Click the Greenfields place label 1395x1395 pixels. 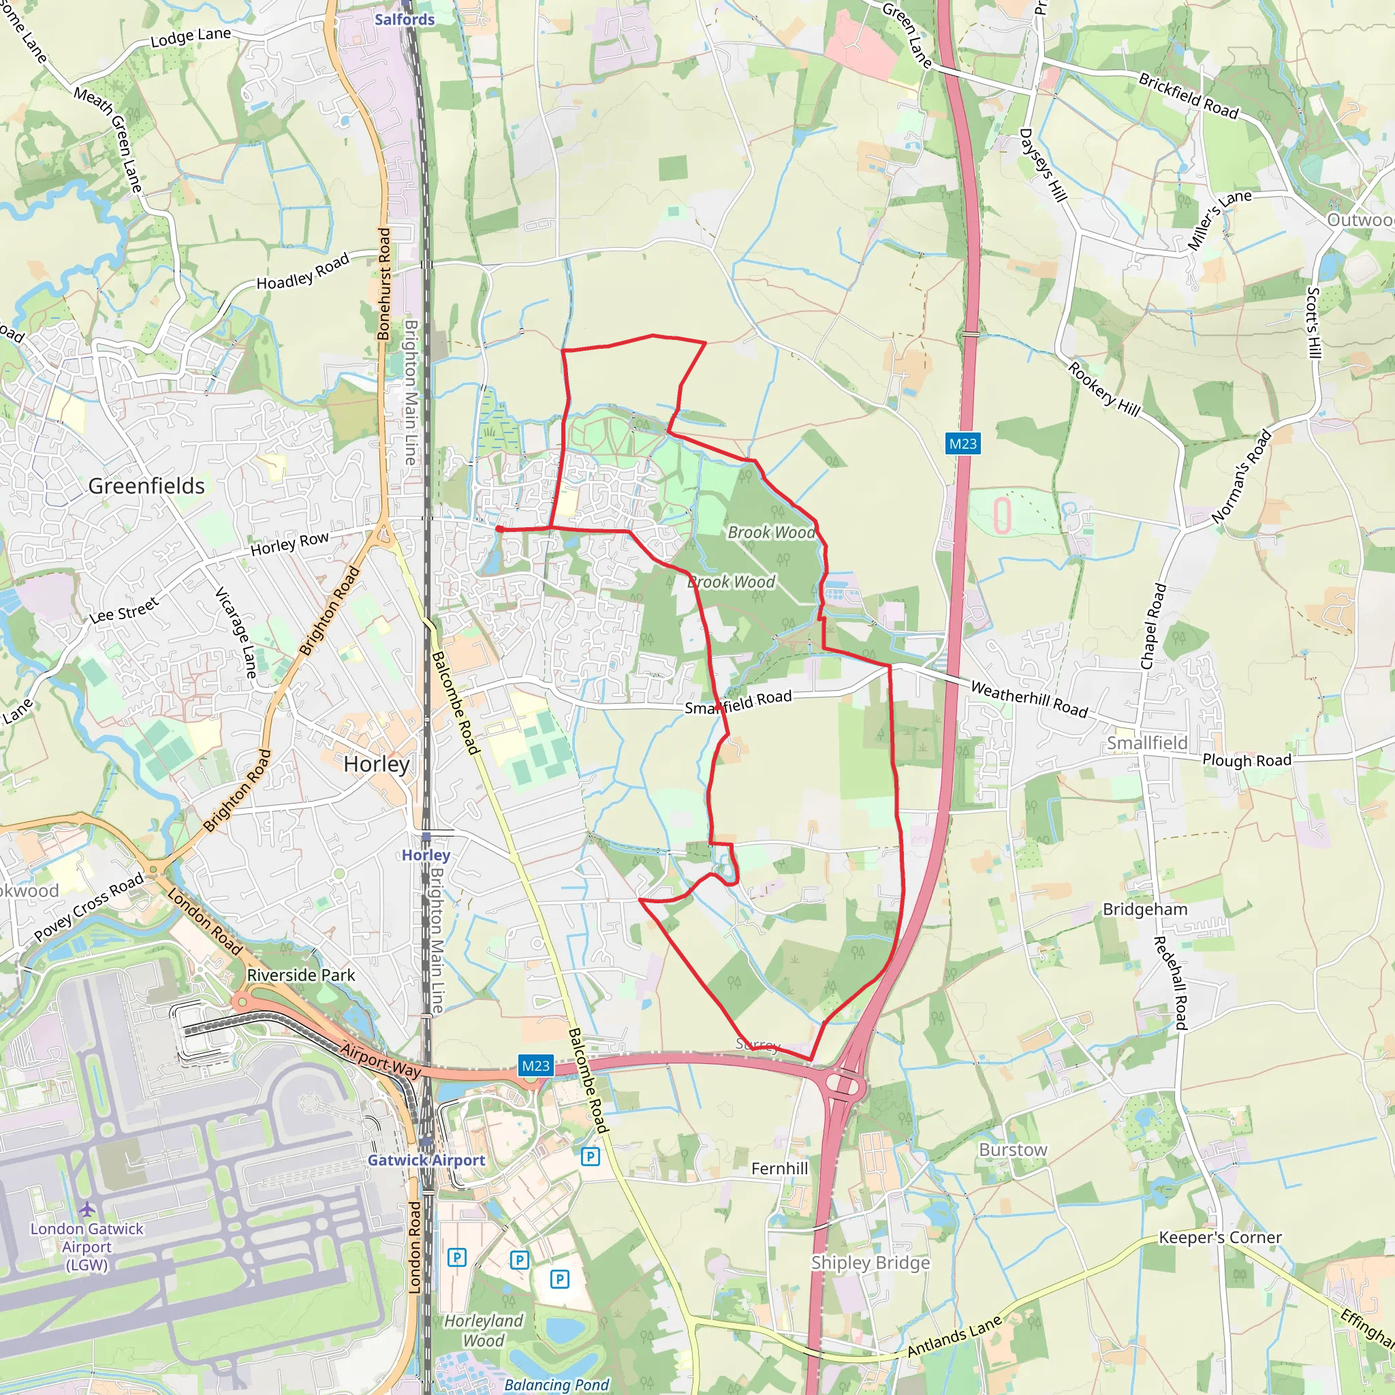coord(146,486)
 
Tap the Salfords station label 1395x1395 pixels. coord(405,20)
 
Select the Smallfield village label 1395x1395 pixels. coord(1146,743)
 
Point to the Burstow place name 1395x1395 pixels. coord(1012,1150)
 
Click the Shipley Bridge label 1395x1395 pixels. coord(870,1263)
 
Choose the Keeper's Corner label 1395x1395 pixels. coord(1219,1238)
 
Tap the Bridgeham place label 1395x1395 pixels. coord(1144,909)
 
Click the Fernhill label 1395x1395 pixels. coord(779,1168)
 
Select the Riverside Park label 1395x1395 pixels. coord(300,975)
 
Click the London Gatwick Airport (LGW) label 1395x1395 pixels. coord(87,1247)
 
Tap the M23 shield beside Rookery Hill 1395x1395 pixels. coord(962,444)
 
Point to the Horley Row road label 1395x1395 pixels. coord(289,544)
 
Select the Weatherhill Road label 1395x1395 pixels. coord(1029,699)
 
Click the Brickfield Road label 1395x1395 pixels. coord(1188,96)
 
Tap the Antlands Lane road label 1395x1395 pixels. coord(954,1336)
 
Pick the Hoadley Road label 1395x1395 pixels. coord(303,272)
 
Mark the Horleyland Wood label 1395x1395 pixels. coord(483,1330)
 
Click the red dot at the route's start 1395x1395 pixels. coord(499,529)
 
